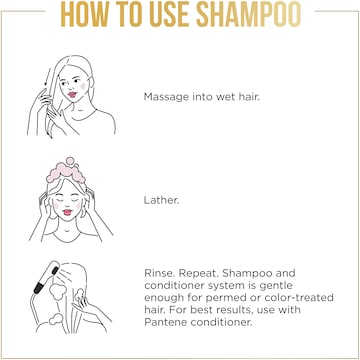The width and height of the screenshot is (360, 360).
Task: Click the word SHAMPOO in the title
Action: (x=248, y=14)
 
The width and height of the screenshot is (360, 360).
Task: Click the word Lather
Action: (x=161, y=200)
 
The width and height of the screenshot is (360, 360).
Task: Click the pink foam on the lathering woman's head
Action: (x=66, y=173)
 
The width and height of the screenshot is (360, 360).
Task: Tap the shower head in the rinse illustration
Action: (x=47, y=276)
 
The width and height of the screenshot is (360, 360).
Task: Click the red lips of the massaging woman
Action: (x=72, y=95)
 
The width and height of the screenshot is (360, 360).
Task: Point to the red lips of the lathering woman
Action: (x=67, y=212)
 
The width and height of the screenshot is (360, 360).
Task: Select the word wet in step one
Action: (x=225, y=97)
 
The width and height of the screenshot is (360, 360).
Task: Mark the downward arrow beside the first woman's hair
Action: (x=48, y=78)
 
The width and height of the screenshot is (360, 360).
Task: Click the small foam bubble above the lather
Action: (x=69, y=161)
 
